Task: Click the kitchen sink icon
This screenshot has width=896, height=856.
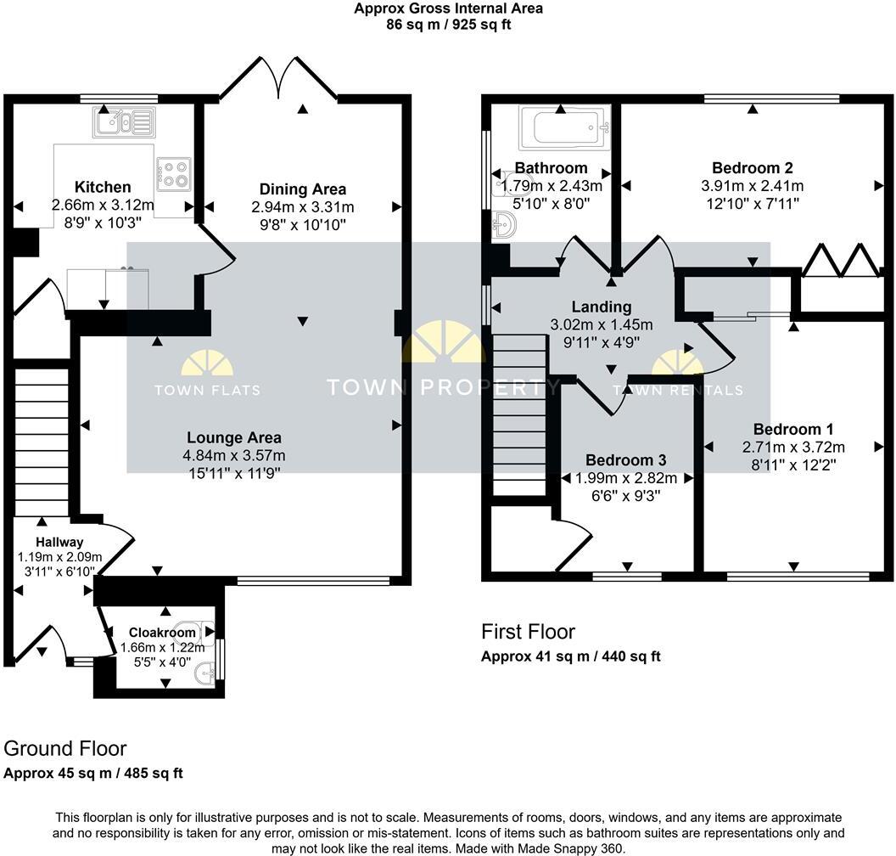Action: pos(124,123)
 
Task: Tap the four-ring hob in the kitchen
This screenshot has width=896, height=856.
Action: pos(173,174)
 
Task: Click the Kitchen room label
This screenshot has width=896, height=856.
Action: pos(103,187)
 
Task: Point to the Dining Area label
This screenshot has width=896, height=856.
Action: pos(303,189)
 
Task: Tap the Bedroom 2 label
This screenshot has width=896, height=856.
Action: pos(752,168)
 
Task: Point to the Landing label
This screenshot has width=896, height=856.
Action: pos(601,307)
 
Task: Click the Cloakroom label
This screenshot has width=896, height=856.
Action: pos(161,633)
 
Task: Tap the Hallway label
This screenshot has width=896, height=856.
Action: pos(59,542)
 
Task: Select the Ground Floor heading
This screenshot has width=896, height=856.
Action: pos(65,748)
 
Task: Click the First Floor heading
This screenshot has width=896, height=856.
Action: pos(528,632)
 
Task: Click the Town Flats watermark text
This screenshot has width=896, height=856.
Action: pos(207,391)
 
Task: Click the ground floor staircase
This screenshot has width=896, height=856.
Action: pos(41,437)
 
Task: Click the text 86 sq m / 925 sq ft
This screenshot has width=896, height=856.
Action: pos(448,25)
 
